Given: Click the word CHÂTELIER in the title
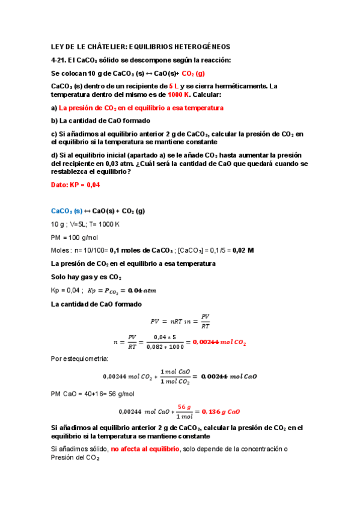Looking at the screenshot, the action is click(105, 46).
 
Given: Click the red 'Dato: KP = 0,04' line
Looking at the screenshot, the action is click(75, 185).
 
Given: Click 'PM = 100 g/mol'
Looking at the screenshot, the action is click(74, 237).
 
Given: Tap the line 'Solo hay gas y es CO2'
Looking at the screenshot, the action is click(87, 277).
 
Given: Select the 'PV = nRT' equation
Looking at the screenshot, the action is click(166, 321).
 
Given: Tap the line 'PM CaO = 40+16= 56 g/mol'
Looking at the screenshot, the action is click(93, 394).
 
